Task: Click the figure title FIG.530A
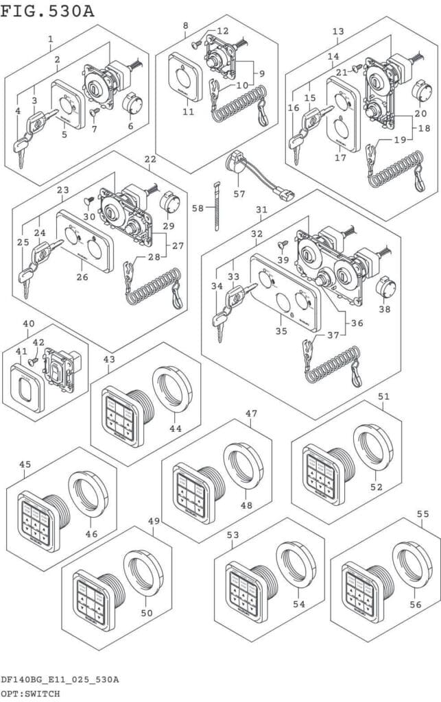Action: (x=47, y=11)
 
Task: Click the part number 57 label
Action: (x=239, y=194)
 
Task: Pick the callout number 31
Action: (x=261, y=209)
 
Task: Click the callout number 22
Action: (x=150, y=159)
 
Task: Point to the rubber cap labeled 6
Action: (x=130, y=106)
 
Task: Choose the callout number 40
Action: (x=28, y=324)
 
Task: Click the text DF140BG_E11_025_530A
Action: (x=60, y=679)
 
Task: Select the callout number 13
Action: (x=337, y=31)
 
